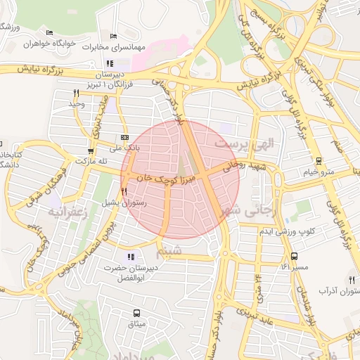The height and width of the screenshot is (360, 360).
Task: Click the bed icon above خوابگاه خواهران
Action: point(49,32)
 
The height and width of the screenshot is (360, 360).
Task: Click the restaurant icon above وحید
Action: point(75,92)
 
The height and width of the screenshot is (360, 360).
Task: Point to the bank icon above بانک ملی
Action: point(124,137)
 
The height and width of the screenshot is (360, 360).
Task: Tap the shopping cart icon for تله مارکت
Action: point(90,150)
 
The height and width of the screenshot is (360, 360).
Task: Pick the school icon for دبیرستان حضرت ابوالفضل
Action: point(129,256)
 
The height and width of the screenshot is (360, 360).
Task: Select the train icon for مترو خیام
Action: point(319,160)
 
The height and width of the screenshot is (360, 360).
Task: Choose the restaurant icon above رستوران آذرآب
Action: point(351,280)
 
